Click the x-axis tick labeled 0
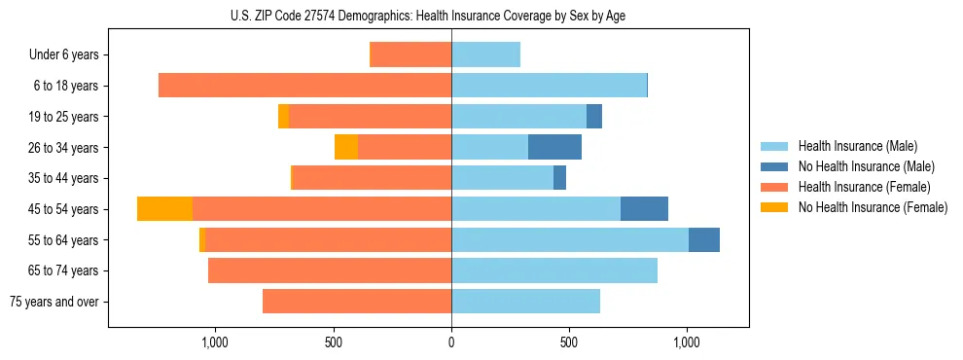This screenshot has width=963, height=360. (x=451, y=343)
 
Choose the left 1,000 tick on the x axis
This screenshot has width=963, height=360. (x=214, y=343)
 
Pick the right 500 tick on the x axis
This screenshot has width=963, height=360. (x=569, y=343)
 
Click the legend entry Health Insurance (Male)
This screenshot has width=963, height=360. (x=857, y=146)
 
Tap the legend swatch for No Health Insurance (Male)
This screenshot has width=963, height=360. (x=775, y=166)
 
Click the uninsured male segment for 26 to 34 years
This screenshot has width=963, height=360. (x=554, y=147)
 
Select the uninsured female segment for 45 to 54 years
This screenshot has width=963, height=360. (x=164, y=209)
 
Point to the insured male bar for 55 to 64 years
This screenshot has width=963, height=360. (x=570, y=239)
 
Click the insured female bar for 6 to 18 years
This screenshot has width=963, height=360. (x=304, y=86)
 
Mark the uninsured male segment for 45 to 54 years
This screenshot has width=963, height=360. (x=644, y=209)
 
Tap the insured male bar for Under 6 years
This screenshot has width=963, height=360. (x=485, y=54)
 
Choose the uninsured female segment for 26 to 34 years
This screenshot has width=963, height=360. (x=346, y=147)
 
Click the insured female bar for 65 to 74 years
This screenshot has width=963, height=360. (x=330, y=270)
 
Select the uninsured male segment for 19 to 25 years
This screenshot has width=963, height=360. (x=594, y=117)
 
